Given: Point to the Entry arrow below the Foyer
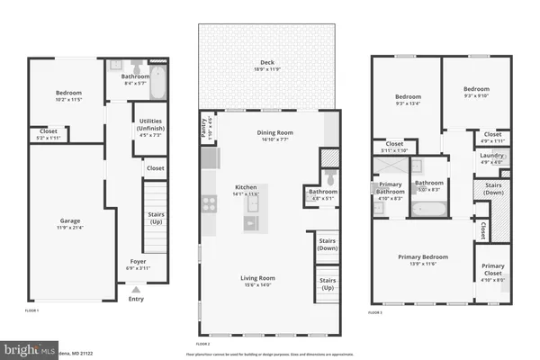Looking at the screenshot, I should point(136,290).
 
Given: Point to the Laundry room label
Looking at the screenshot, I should point(491,156).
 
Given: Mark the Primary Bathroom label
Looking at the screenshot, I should point(389,186).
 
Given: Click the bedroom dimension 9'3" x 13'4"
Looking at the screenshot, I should point(408,102).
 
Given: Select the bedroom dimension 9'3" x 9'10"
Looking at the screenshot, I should point(476,96).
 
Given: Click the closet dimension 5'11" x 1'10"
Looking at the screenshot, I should point(394,149).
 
